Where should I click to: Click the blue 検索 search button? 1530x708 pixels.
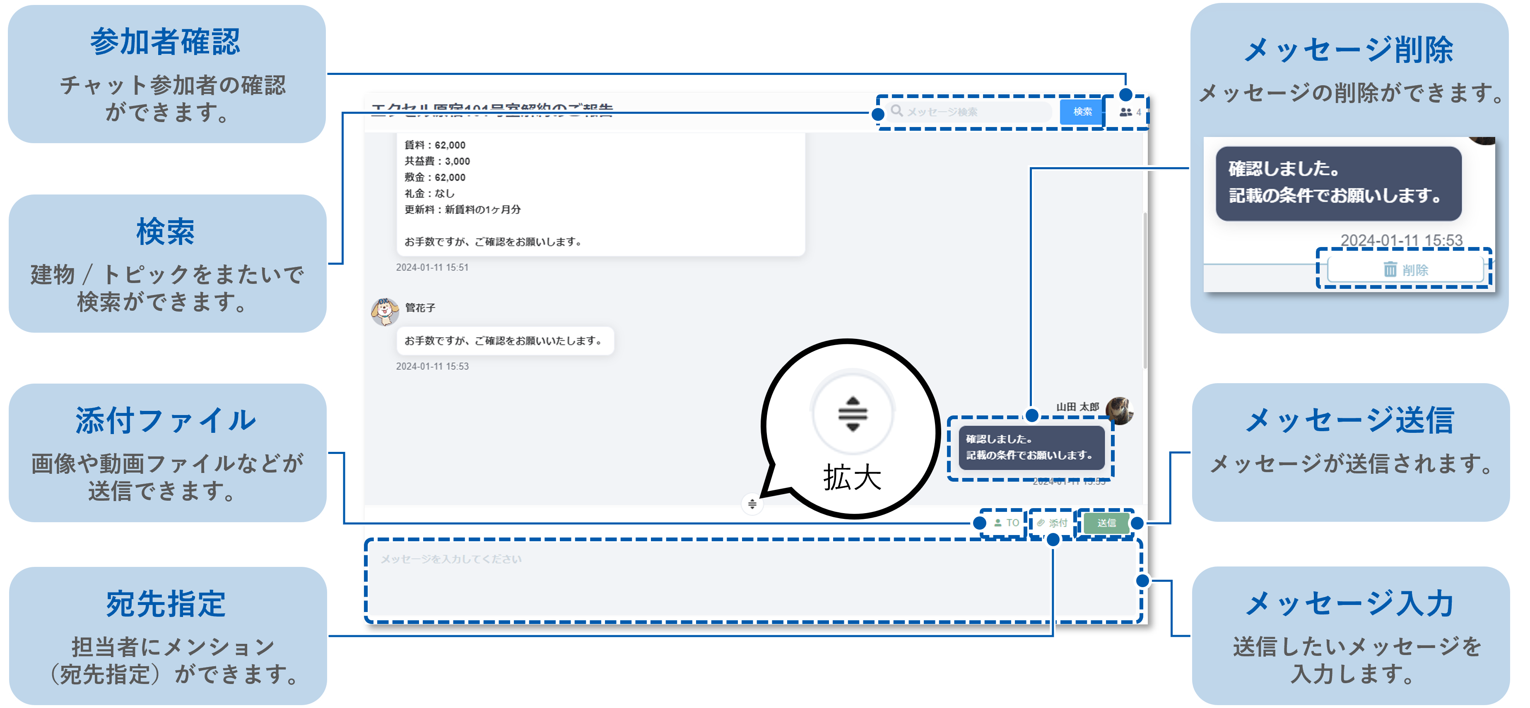(1082, 112)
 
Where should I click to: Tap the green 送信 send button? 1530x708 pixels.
(1106, 523)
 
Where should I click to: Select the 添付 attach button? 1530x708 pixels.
(1053, 523)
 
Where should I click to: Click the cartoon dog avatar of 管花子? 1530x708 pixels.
(384, 312)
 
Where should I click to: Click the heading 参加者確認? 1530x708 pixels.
(165, 42)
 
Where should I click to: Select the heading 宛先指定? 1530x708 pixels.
(165, 604)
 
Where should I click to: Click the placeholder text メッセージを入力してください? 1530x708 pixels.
(451, 559)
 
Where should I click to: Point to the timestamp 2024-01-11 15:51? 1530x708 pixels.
(432, 268)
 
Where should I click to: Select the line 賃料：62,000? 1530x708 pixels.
(435, 145)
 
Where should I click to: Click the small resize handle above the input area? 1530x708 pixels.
(752, 504)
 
